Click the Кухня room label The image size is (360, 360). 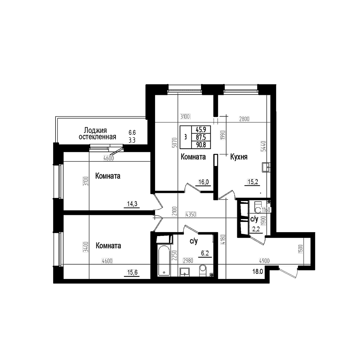(x=239, y=157)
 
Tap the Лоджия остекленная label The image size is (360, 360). (x=97, y=133)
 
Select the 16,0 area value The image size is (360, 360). (x=203, y=182)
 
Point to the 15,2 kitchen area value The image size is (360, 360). (x=253, y=181)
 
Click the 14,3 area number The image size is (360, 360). (x=132, y=204)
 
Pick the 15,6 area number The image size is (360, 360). (x=132, y=272)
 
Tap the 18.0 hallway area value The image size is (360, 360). (x=258, y=271)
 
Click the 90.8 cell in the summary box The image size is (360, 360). (x=201, y=145)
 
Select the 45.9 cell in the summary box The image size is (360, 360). (x=201, y=129)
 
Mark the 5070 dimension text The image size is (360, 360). (x=174, y=143)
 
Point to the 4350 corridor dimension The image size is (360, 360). (x=191, y=214)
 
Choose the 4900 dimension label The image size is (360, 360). (x=264, y=261)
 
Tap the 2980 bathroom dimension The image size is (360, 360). (x=188, y=261)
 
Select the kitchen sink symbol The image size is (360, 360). (x=266, y=167)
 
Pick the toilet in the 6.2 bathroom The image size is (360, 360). (x=202, y=270)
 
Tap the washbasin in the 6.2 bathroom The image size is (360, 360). (x=184, y=272)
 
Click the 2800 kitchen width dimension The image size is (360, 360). (x=244, y=119)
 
